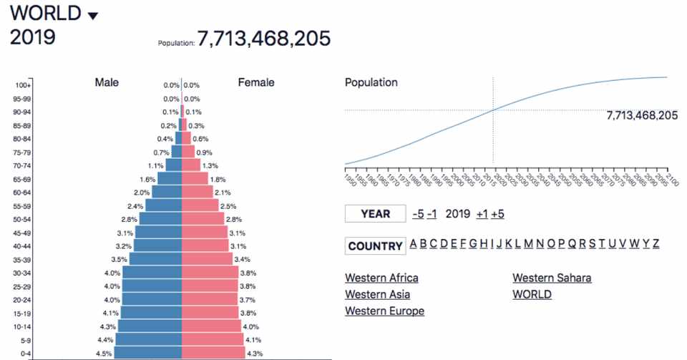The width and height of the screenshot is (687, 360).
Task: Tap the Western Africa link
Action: coord(381,278)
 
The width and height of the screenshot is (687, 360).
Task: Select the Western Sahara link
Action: coord(552,278)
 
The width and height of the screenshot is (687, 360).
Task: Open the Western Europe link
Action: coord(384,311)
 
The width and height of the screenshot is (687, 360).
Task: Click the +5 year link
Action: coord(497,213)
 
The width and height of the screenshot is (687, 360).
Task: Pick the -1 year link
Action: coord(432,213)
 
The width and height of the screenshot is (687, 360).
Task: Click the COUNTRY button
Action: coord(375,246)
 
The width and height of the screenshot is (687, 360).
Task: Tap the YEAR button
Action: coord(375,213)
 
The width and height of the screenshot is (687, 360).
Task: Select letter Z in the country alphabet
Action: coord(656,244)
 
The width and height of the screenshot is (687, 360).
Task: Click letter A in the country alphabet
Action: coord(413,244)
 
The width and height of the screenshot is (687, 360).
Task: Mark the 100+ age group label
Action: coord(21,85)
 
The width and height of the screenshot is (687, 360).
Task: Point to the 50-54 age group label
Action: coord(21,219)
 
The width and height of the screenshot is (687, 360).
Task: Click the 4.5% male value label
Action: coord(104,354)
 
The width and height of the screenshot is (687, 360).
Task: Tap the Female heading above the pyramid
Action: coord(255,82)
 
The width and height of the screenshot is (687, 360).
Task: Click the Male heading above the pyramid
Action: coord(107,82)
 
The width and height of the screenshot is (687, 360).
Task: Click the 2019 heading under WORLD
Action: coord(33,37)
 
